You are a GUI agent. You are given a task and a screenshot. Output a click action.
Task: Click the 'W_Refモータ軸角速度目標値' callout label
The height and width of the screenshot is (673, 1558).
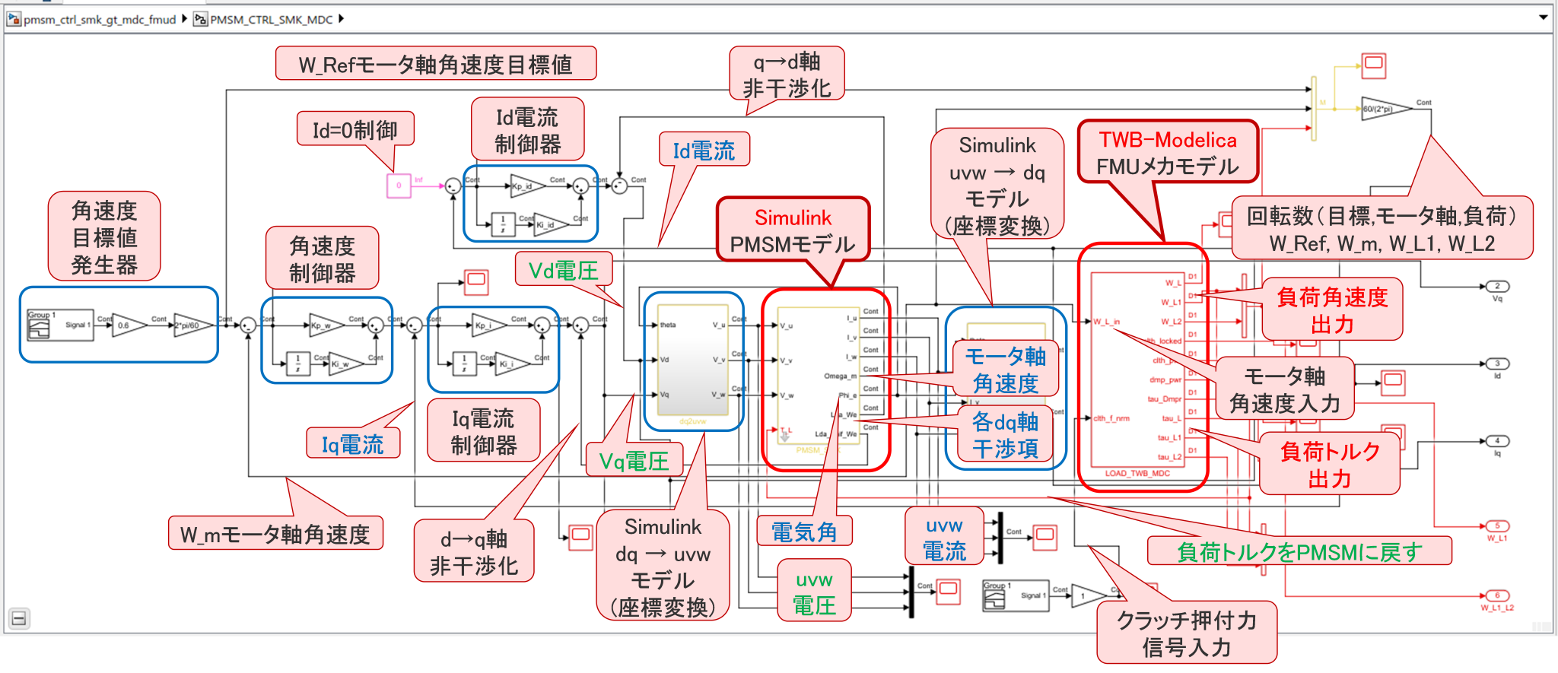435,64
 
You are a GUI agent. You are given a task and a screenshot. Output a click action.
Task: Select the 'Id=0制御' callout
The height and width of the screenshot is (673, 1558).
355,130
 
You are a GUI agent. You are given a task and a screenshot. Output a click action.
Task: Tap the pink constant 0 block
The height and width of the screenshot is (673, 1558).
399,186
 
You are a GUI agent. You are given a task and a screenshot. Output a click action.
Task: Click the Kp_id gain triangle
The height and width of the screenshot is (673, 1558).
526,186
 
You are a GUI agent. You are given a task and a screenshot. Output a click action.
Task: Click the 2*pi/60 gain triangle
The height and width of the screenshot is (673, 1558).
190,325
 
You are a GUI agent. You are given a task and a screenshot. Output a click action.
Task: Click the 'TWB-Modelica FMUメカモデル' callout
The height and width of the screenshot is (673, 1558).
1168,153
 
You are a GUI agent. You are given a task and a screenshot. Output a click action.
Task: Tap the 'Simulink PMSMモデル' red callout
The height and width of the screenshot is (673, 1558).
793,231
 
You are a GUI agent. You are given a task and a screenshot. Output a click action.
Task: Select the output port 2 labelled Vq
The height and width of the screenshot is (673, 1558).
1497,287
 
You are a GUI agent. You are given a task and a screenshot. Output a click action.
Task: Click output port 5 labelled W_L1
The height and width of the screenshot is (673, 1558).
1497,526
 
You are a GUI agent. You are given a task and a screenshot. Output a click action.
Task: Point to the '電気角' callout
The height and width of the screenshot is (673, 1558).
804,532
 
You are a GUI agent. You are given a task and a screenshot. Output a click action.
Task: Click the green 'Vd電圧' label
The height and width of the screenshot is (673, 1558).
563,270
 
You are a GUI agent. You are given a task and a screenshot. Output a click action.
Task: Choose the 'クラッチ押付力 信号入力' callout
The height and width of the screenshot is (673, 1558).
1186,633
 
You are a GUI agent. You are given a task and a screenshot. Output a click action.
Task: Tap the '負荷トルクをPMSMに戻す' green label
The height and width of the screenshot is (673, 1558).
1299,551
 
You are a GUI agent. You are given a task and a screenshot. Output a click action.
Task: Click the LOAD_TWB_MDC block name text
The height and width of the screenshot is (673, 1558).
1137,473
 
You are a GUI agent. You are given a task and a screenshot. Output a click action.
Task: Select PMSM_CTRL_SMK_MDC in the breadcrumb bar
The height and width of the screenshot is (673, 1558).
271,19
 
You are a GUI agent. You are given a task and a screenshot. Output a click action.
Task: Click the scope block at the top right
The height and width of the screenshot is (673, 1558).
1373,65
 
